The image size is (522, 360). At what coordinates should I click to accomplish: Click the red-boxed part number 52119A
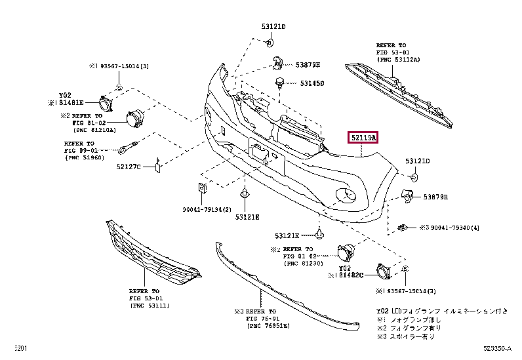(x=363, y=138)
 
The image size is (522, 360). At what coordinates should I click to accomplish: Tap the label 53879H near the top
(x=308, y=65)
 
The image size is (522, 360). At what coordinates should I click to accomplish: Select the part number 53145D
(x=312, y=84)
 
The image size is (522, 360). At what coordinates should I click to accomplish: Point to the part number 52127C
(x=129, y=166)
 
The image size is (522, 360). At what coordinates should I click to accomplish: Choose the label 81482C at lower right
(x=350, y=276)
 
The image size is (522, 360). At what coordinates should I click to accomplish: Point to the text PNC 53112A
(x=401, y=59)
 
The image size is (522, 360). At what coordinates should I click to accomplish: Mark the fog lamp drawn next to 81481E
(x=104, y=102)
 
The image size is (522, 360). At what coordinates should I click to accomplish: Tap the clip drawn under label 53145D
(x=280, y=83)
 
